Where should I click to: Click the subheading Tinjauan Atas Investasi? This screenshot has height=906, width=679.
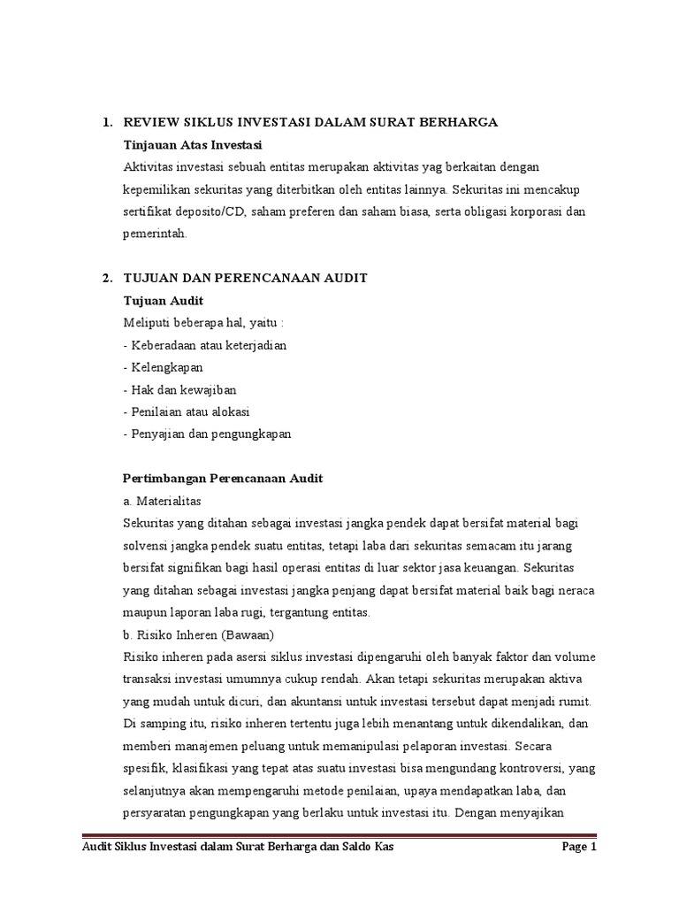194,143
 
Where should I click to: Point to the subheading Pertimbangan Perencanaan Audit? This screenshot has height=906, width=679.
222,479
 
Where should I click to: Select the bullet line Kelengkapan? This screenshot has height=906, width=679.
165,367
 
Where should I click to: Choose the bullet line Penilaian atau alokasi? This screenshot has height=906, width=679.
187,411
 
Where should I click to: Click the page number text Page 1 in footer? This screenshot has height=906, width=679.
580,848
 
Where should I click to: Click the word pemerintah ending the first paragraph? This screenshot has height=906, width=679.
154,234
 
